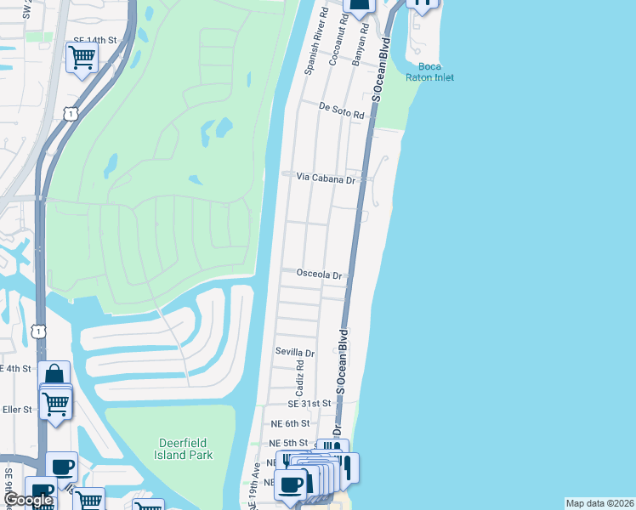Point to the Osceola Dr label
coord(319,275)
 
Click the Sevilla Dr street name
coord(294,352)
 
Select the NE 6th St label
coord(288,422)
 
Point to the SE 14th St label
coord(94,40)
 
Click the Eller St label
coord(16,409)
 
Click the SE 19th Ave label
coord(253,487)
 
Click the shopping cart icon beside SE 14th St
coord(82,58)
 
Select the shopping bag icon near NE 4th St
coord(54,375)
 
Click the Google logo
coord(27,501)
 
